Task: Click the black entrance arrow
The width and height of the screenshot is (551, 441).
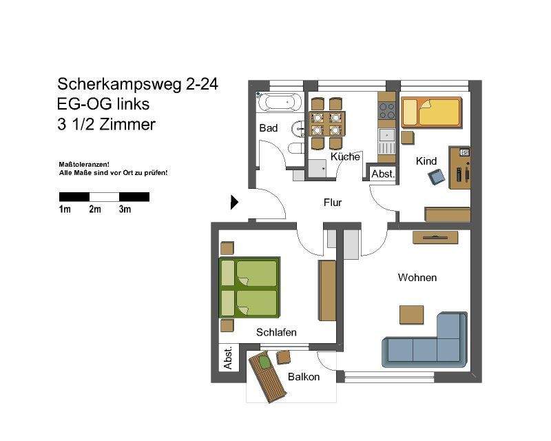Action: pyautogui.click(x=234, y=202)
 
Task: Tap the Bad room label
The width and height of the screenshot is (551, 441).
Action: pyautogui.click(x=268, y=129)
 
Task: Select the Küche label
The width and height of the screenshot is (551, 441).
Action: pyautogui.click(x=345, y=157)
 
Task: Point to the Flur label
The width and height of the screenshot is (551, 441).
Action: pyautogui.click(x=333, y=203)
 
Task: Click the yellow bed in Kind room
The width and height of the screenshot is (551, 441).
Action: pyautogui.click(x=431, y=112)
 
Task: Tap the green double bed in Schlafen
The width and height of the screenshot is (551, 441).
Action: pyautogui.click(x=249, y=287)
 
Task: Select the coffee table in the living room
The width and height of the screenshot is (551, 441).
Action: pyautogui.click(x=411, y=314)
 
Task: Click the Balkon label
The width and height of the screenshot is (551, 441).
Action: pyautogui.click(x=304, y=377)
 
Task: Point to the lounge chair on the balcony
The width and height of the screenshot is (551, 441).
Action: pyautogui.click(x=267, y=378)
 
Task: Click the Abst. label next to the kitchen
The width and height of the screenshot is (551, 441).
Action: pyautogui.click(x=383, y=174)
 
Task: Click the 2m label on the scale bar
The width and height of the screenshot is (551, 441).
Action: pyautogui.click(x=95, y=209)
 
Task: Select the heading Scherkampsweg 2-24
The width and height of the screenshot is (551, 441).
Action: pyautogui.click(x=138, y=84)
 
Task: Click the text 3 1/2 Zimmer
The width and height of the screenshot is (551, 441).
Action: pyautogui.click(x=107, y=125)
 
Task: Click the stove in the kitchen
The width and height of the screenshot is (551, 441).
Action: pyautogui.click(x=386, y=109)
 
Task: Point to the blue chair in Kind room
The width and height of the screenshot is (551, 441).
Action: pyautogui.click(x=436, y=178)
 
